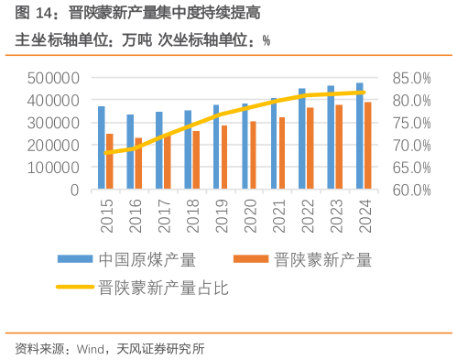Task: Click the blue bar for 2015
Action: point(102,148)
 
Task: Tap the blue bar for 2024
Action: point(359,136)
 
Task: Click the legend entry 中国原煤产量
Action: point(147,259)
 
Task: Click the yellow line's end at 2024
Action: point(365,93)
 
